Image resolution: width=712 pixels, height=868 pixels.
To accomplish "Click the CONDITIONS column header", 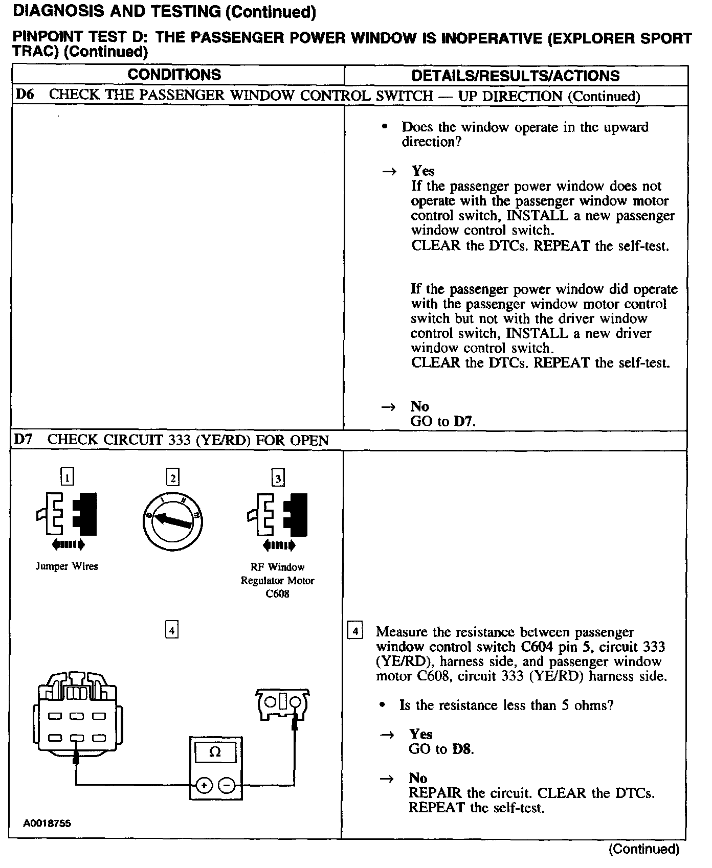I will tap(174, 75).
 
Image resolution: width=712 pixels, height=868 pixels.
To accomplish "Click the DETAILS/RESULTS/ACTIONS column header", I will tap(515, 76).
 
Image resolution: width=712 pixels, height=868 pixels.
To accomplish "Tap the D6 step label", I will tap(24, 95).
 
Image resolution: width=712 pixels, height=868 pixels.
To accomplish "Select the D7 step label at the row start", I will tap(23, 440).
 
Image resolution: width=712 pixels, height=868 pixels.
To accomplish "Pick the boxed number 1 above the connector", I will tap(67, 477).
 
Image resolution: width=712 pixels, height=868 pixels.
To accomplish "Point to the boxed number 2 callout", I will tap(173, 477).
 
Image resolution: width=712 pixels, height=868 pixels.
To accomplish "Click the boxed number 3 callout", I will tap(278, 478).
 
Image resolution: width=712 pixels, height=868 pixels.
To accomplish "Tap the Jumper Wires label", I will tap(66, 566).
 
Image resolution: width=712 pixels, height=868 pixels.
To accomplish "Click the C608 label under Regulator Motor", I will tap(277, 594).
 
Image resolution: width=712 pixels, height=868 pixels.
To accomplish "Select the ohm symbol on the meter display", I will tap(215, 752).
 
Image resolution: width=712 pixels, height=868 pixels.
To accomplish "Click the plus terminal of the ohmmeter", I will tap(204, 786).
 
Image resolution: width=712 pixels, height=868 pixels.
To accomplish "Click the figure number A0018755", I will tap(47, 824).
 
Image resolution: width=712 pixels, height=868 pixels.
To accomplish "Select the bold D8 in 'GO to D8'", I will tap(463, 749).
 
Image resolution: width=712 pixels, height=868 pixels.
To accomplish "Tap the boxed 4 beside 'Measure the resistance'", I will tap(355, 631).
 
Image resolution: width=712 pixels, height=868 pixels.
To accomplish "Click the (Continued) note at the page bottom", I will tap(643, 849).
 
